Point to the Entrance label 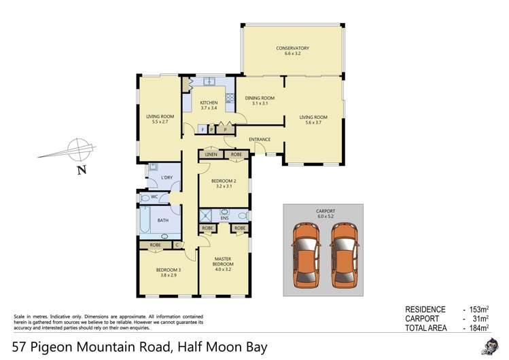pyautogui.click(x=260, y=140)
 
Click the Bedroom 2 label pyautogui.click(x=223, y=181)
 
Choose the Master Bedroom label pyautogui.click(x=225, y=262)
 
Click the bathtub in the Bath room pyautogui.click(x=146, y=220)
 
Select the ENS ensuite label pyautogui.click(x=224, y=218)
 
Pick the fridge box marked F pyautogui.click(x=203, y=129)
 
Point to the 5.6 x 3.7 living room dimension pyautogui.click(x=313, y=123)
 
